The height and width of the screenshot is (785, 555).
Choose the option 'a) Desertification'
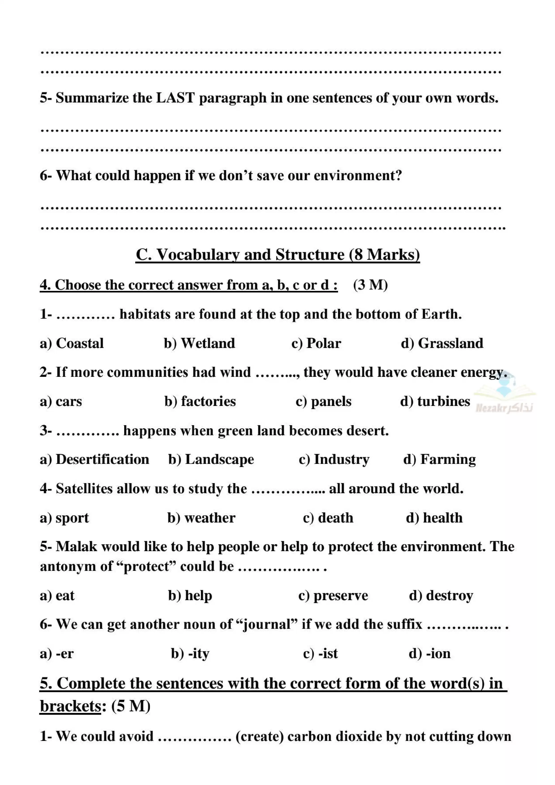pyautogui.click(x=94, y=459)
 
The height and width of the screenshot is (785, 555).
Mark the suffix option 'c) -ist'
pyautogui.click(x=320, y=653)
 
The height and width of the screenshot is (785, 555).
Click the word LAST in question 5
pyautogui.click(x=176, y=98)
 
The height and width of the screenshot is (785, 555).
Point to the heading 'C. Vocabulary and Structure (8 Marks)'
pyautogui.click(x=278, y=255)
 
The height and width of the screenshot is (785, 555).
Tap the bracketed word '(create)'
pyautogui.click(x=259, y=736)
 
